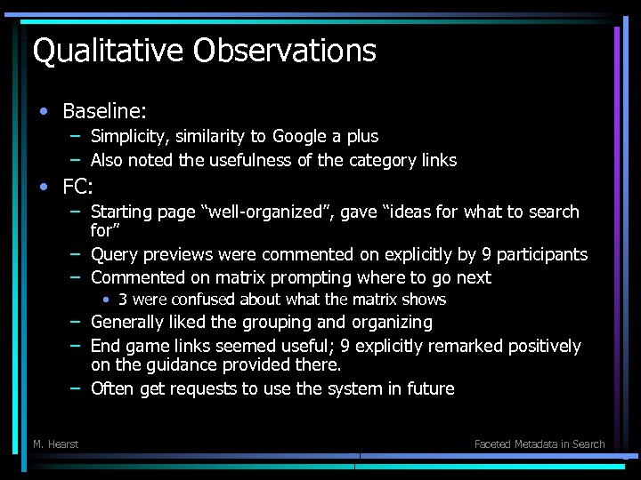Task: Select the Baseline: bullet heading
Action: [x=104, y=111]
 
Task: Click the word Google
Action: [x=301, y=136]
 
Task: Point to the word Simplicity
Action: [x=132, y=136]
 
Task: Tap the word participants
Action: [x=542, y=254]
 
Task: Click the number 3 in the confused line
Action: [x=123, y=300]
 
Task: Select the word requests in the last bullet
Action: [x=207, y=388]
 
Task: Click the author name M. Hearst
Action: [x=55, y=444]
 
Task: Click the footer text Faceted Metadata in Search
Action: [x=540, y=444]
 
